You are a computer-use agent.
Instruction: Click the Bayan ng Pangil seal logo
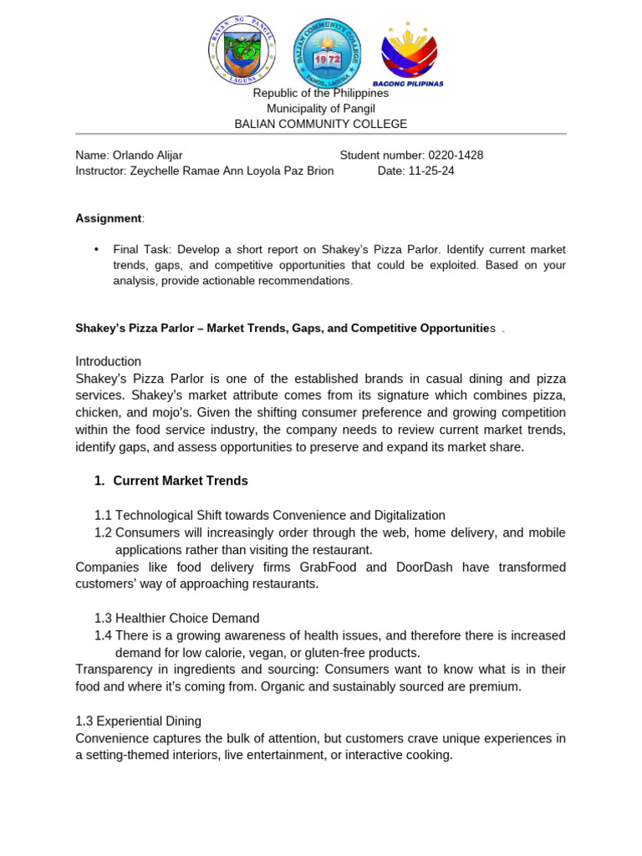[242, 50]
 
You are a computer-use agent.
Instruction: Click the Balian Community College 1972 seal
[322, 52]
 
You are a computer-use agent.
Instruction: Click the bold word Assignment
[109, 218]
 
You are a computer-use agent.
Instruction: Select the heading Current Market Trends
[181, 481]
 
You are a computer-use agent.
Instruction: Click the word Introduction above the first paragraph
[109, 361]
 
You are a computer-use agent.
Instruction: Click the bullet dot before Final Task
[97, 249]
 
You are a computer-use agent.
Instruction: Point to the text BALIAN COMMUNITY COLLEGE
[321, 124]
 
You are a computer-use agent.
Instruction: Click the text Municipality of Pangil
[321, 109]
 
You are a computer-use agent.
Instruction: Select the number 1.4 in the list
[103, 635]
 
